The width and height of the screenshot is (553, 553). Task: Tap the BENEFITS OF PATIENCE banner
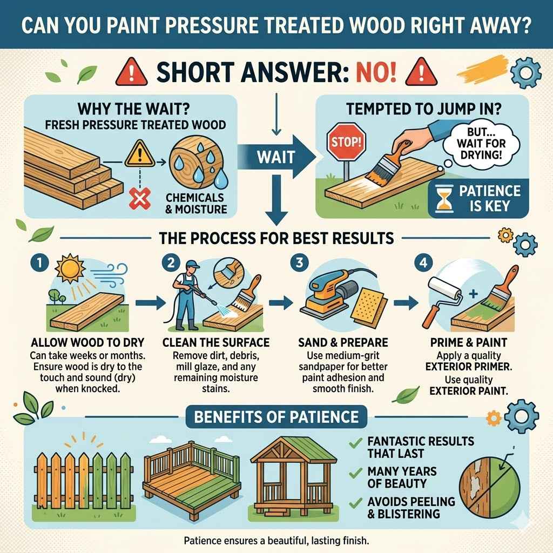pyautogui.click(x=276, y=416)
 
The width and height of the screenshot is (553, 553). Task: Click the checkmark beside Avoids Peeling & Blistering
pyautogui.click(x=355, y=503)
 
